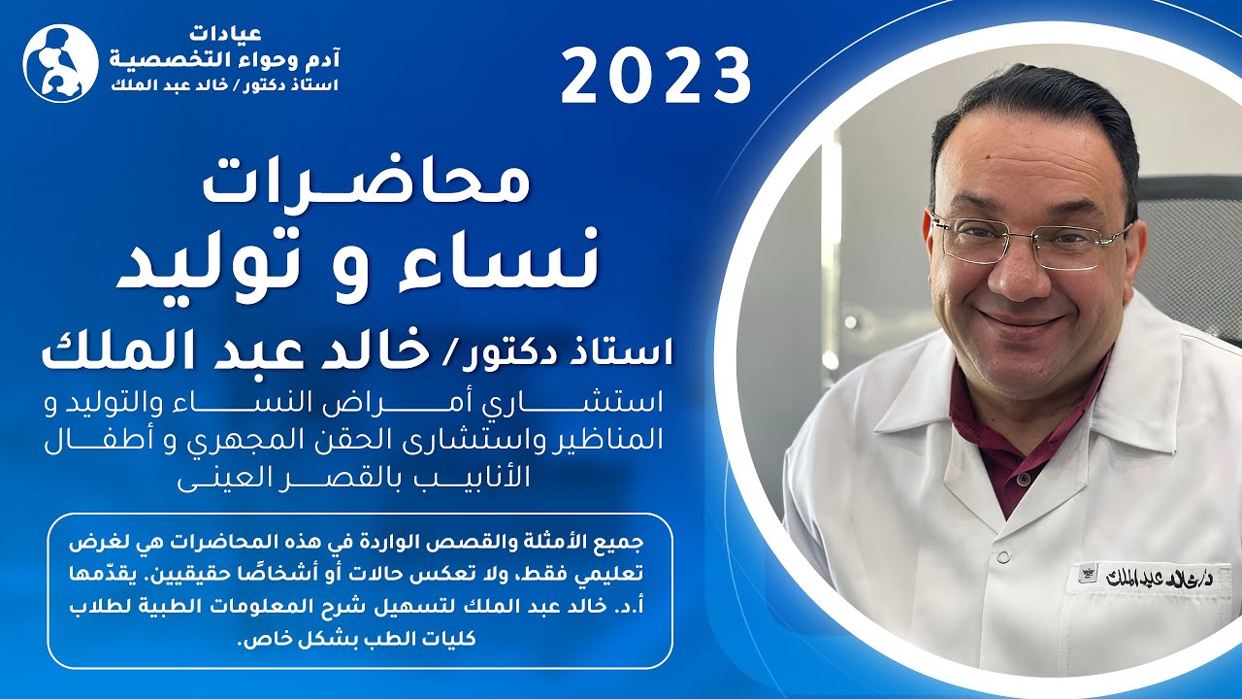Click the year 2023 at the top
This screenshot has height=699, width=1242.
[x=656, y=77]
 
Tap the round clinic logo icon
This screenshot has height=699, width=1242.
[x=60, y=63]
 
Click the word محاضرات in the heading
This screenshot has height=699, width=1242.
[x=367, y=183]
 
